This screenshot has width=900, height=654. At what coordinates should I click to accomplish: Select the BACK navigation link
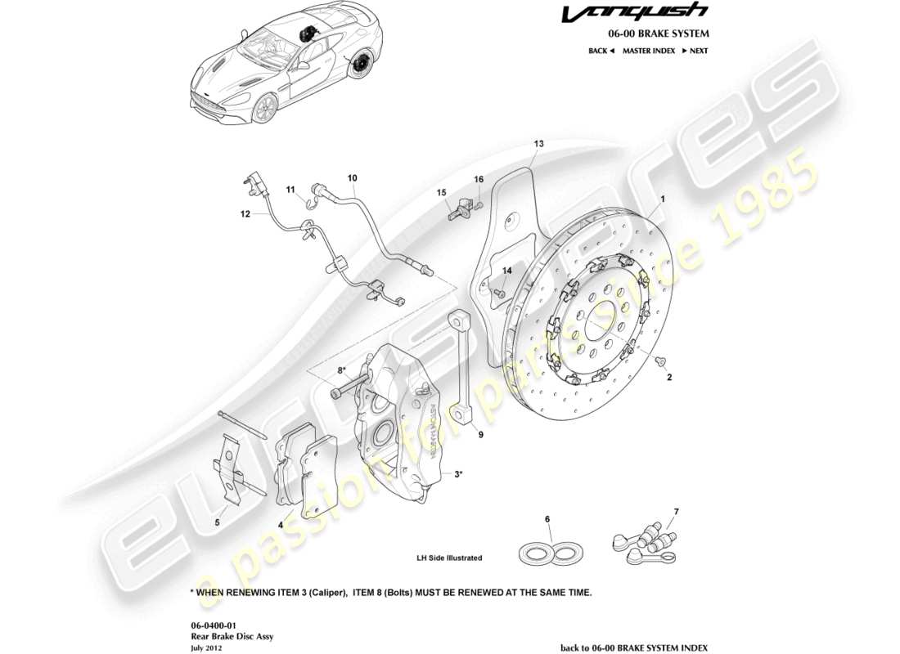click(601, 51)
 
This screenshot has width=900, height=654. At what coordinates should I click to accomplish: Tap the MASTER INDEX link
click(648, 51)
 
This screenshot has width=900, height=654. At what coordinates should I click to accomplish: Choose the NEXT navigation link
click(695, 51)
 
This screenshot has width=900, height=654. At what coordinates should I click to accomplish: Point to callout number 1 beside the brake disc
click(663, 199)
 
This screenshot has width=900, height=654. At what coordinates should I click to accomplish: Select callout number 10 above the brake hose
click(353, 177)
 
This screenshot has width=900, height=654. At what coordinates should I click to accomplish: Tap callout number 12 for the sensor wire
click(245, 215)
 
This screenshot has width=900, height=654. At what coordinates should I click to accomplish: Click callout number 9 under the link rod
click(481, 435)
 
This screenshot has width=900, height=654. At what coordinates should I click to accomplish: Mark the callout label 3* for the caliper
click(459, 473)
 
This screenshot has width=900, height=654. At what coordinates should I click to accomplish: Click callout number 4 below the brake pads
click(280, 525)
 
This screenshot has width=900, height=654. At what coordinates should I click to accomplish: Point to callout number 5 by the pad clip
click(218, 522)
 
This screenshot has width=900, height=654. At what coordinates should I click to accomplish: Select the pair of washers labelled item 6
click(549, 552)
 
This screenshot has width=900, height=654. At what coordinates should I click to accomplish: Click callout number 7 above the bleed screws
click(676, 512)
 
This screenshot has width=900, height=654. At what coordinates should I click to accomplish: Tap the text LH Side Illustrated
click(449, 558)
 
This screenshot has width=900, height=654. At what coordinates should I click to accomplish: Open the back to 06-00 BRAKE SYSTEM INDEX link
click(634, 647)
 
